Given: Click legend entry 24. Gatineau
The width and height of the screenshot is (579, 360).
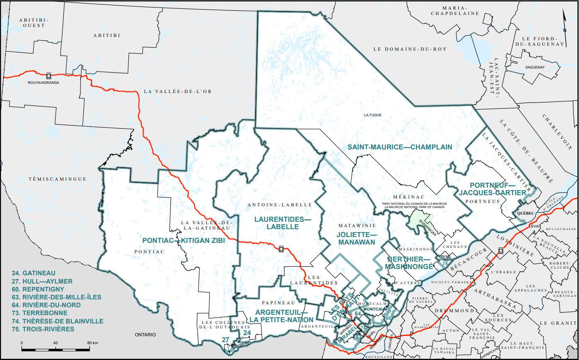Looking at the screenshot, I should click(34, 273).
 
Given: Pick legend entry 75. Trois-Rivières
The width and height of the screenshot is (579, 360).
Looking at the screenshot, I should click(43, 329).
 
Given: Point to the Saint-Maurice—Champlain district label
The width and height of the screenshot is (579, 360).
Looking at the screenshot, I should click(400, 147).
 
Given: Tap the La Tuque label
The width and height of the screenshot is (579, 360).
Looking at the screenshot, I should click(372, 115).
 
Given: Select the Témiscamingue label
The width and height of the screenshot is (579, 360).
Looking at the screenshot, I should click(58, 179).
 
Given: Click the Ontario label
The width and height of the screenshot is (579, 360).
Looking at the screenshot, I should click(144, 334).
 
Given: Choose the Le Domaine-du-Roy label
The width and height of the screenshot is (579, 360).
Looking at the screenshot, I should click(410, 49).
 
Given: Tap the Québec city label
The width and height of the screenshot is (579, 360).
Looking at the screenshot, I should click(525, 213).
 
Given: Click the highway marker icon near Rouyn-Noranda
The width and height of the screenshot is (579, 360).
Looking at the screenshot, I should click(49, 75).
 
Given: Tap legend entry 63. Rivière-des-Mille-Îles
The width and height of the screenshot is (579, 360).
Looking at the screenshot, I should click(57, 297).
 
